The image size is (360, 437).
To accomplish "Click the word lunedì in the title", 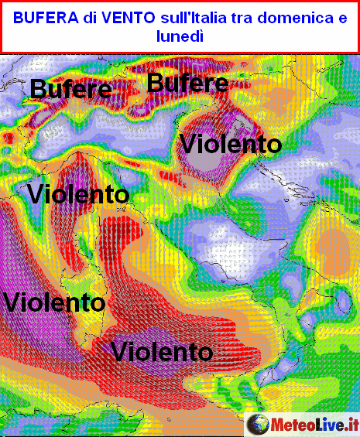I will (x=180, y=36).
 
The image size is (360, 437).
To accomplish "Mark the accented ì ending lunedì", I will (x=201, y=36).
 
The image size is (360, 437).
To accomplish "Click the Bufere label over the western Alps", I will (x=70, y=90).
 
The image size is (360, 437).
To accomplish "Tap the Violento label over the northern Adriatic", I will (x=230, y=143).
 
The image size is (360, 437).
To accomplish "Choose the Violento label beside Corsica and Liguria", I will (x=77, y=193).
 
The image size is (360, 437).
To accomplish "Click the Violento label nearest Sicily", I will (x=162, y=352).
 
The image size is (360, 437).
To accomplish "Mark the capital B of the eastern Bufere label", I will (x=156, y=83).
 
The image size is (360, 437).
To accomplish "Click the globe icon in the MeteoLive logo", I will (x=257, y=424).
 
